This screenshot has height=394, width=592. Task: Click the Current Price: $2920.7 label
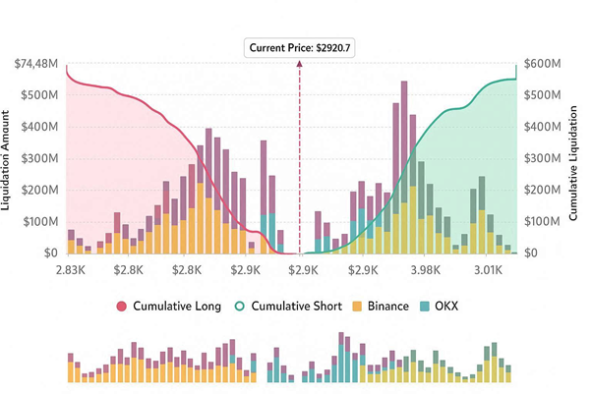(299, 47)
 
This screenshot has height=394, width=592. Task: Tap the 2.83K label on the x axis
(70, 269)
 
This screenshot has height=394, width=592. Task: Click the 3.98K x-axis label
(424, 269)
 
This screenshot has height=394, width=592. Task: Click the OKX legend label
(462, 306)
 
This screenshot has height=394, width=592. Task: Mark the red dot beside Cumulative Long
(123, 306)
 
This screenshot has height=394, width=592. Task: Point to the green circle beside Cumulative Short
(240, 306)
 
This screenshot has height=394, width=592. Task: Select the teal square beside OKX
(439, 306)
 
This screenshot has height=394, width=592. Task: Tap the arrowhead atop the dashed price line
(299, 64)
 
